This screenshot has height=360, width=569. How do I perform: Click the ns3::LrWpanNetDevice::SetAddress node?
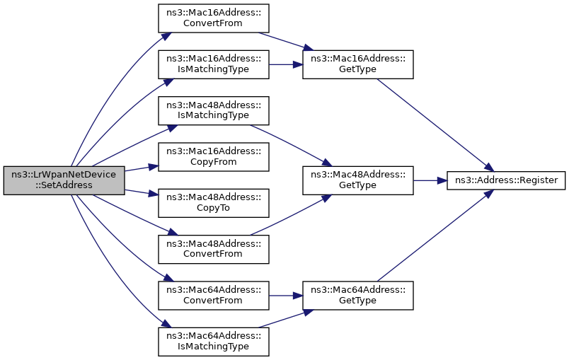click(64, 180)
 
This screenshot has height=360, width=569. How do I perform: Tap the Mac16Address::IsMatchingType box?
click(213, 64)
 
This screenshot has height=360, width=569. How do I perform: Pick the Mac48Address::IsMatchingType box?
click(213, 110)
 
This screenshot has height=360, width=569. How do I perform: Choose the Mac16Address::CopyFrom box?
click(213, 156)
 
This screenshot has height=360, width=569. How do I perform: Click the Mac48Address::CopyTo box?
click(213, 202)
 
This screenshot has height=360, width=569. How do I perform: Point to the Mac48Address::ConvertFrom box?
click(213, 248)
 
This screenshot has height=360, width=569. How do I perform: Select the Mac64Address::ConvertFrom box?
click(213, 294)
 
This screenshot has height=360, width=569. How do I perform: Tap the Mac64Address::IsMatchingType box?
click(213, 340)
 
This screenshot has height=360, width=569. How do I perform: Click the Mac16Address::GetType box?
click(357, 64)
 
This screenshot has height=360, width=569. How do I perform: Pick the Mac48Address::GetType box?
click(357, 180)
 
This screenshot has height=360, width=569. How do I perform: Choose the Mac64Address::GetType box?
click(357, 294)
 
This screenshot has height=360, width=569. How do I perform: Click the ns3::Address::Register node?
click(505, 180)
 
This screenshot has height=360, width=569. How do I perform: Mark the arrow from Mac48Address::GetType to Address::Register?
click(429, 180)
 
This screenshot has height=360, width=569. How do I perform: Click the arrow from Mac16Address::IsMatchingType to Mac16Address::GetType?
click(286, 64)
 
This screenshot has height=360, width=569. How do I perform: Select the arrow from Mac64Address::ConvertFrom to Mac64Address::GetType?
click(286, 294)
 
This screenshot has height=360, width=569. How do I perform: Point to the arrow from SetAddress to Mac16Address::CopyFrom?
click(142, 169)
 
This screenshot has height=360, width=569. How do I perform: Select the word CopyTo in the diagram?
click(213, 208)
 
